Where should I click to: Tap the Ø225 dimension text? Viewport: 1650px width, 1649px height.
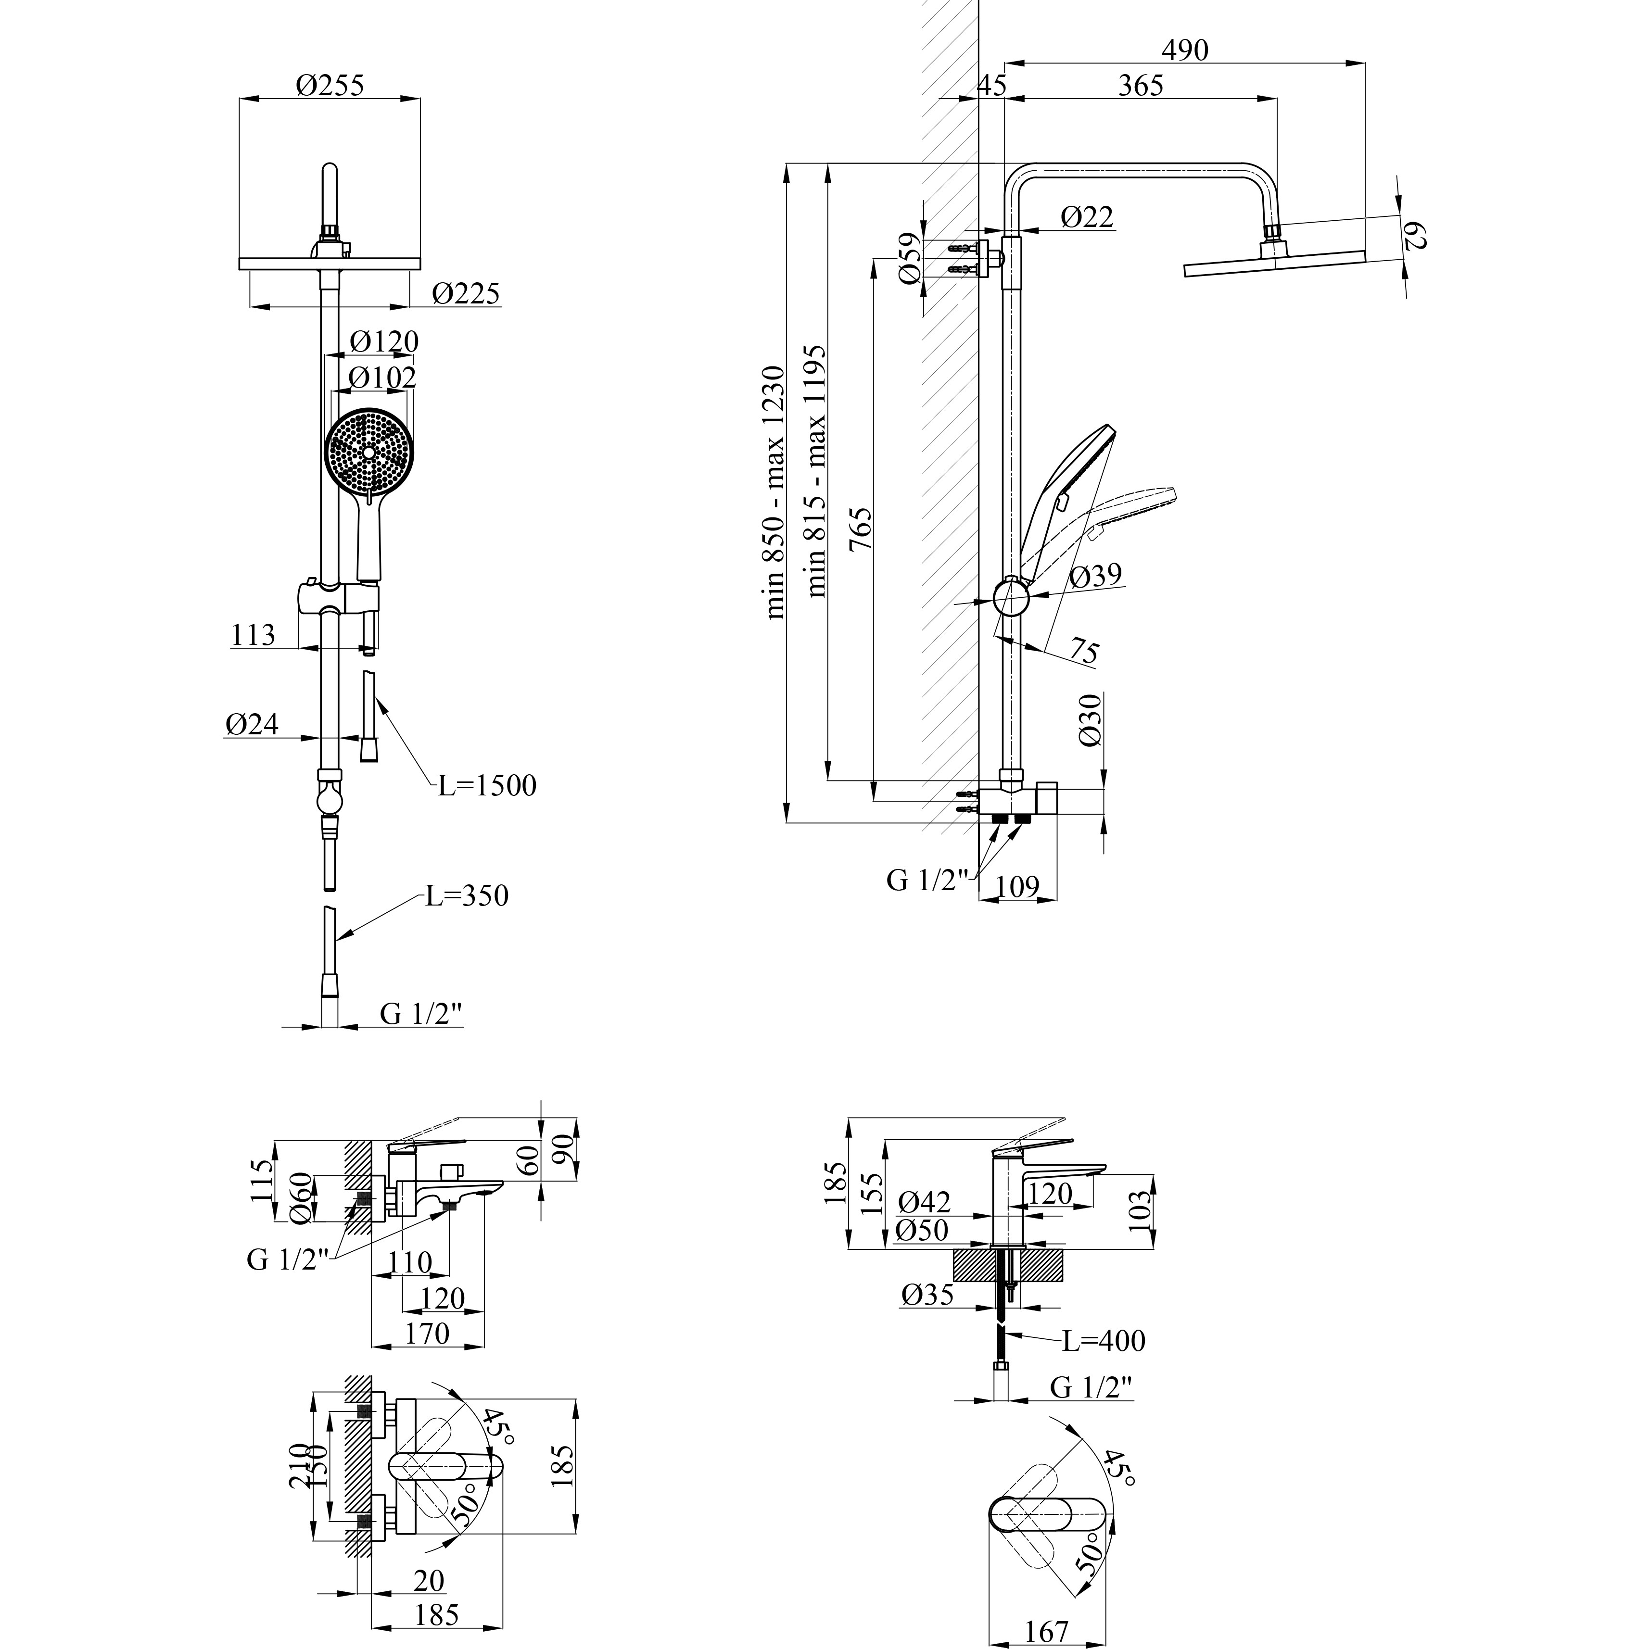(x=466, y=294)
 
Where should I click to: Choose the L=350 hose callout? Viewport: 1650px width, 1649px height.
(x=467, y=896)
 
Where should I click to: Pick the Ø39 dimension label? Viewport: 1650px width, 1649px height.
(x=1095, y=576)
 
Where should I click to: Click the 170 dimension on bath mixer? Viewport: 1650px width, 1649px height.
(x=427, y=1333)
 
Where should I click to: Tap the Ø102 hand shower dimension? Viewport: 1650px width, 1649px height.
(x=382, y=377)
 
